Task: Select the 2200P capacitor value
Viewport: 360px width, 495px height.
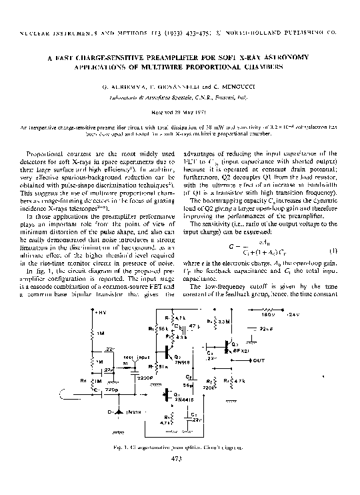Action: click(145, 377)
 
